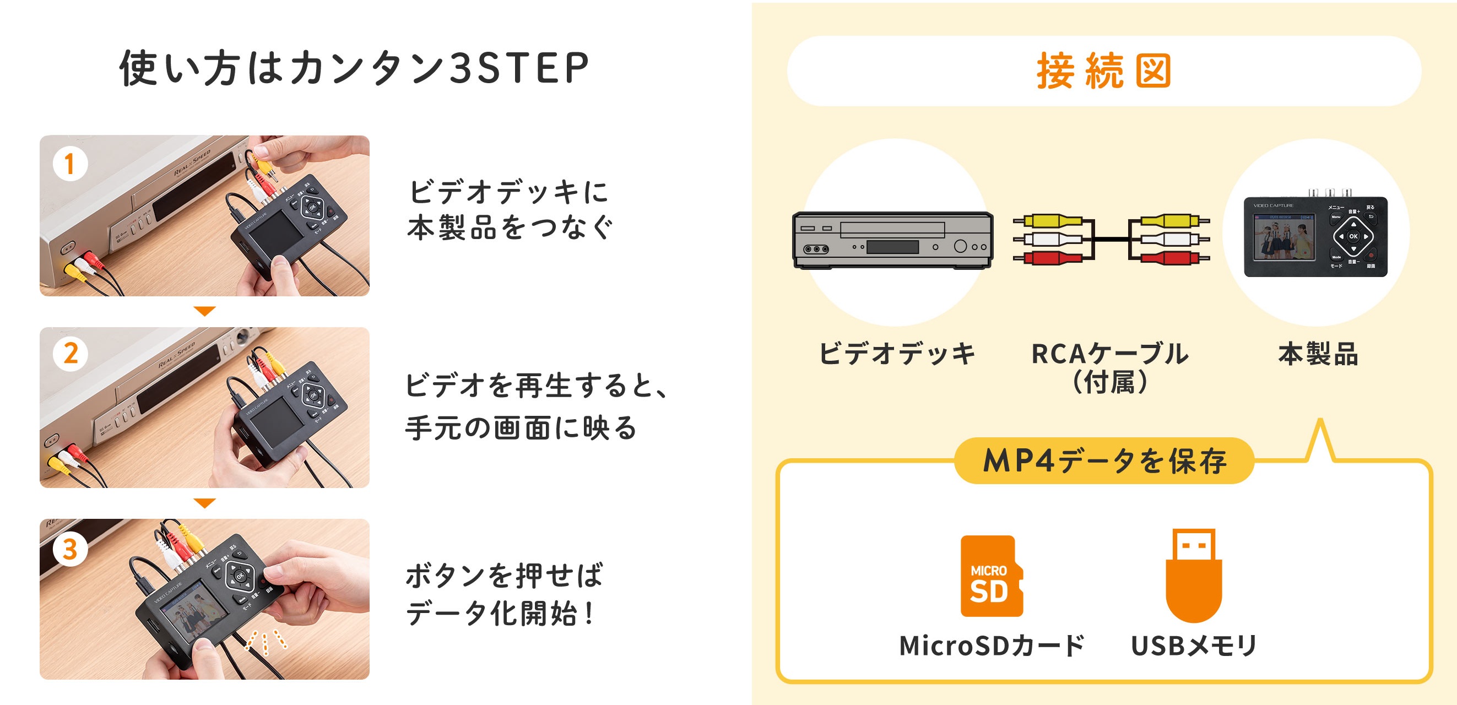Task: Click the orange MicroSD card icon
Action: pos(991,576)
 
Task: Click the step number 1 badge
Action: pos(69,164)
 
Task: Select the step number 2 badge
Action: pos(70,354)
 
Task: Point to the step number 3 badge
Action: pos(69,549)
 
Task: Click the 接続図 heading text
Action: pos(1103,71)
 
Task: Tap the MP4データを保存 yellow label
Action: pos(1104,461)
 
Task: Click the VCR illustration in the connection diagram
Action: pos(892,240)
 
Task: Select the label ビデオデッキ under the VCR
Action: pos(897,354)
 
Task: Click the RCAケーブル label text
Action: pos(1110,354)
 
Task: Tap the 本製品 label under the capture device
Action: pos(1318,354)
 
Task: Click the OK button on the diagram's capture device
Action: pos(1353,236)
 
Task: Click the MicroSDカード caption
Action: pos(992,646)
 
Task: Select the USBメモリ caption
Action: pos(1194,646)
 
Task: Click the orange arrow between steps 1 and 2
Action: pos(204,311)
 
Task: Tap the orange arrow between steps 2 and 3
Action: pos(204,503)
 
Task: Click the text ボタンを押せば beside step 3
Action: pos(504,576)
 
